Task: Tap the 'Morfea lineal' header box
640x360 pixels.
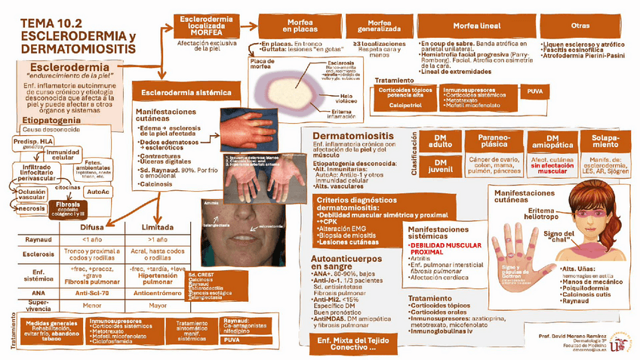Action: [475, 26]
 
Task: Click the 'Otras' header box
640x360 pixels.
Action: [580, 26]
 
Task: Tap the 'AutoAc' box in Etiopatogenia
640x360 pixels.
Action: [99, 192]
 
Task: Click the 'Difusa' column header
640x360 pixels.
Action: [91, 226]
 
